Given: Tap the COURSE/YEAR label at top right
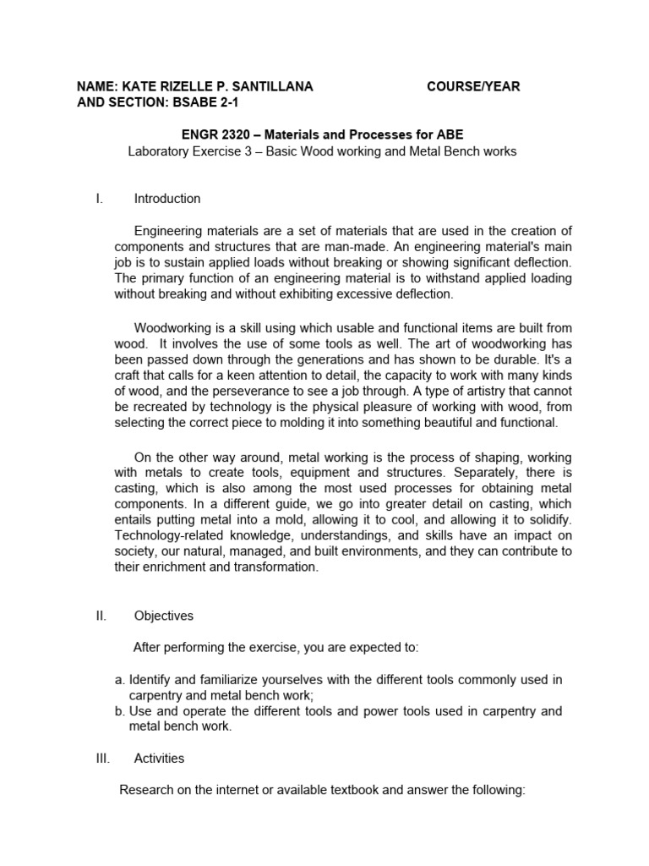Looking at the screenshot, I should point(473,86).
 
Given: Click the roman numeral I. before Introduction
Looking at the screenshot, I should point(100,199).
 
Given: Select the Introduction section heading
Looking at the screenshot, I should point(167,199).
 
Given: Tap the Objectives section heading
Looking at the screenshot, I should point(164,617).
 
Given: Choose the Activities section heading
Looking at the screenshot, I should point(160,759).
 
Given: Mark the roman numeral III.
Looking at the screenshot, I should point(103,759).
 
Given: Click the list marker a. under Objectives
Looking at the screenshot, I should point(120,680).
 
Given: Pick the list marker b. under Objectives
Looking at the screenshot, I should point(120,711).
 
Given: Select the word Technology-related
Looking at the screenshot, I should point(168,535).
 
